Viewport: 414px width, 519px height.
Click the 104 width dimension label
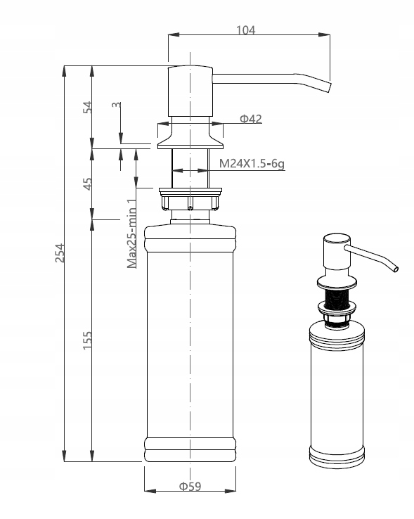point(246,30)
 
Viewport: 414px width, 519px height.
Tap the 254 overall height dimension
point(60,253)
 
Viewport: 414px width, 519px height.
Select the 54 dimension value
point(88,107)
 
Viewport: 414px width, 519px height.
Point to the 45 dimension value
point(88,184)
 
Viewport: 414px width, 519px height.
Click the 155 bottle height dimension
point(88,340)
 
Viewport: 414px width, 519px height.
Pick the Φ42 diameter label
point(250,119)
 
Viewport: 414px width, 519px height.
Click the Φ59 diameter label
point(190,487)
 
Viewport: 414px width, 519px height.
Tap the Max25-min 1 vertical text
point(131,234)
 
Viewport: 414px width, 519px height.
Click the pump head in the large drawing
point(189,91)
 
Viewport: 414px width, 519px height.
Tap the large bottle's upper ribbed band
point(190,243)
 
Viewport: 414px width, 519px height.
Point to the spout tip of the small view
point(396,269)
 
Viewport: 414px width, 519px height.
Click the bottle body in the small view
point(337,394)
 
